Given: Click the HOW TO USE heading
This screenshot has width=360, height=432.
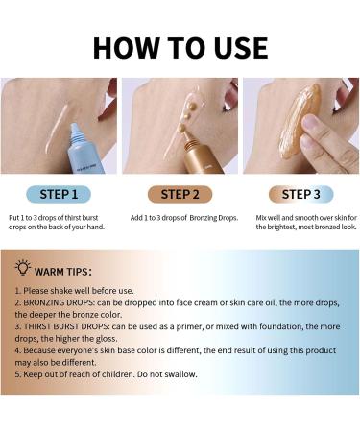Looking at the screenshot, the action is (180, 48).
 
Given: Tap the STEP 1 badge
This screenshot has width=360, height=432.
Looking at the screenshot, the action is (59, 194).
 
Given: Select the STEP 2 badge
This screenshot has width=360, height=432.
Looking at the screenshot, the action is (180, 194).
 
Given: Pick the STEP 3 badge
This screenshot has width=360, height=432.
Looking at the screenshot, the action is (300, 194).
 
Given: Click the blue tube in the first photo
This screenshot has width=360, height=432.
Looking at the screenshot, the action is (84, 149).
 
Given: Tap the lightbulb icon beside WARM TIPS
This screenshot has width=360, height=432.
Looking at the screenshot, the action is (23, 268).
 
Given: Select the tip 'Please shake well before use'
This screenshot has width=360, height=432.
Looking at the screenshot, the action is (74, 291).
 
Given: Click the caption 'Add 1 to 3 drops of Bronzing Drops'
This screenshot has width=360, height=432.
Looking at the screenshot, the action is (184, 218).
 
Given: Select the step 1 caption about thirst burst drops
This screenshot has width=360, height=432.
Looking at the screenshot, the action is (57, 223).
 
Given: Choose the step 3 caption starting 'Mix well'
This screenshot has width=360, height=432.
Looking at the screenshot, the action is (306, 223).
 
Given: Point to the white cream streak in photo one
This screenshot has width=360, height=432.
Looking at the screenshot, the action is (57, 129).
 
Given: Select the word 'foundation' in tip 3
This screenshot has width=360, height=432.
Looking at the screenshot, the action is (280, 326).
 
